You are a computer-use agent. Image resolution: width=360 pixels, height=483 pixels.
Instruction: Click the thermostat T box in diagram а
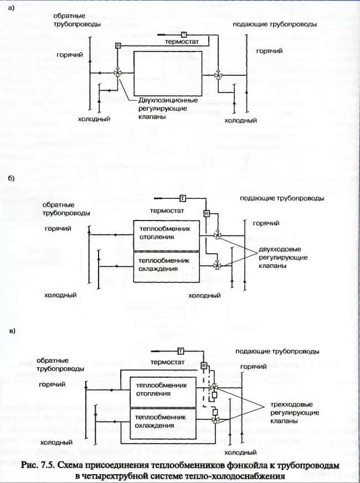tap(183, 35)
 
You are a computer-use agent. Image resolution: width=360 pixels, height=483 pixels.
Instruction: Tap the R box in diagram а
tap(118, 45)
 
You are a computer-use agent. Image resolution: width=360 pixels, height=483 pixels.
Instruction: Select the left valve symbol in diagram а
tap(118, 73)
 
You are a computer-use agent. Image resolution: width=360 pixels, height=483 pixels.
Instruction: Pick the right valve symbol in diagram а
tap(219, 74)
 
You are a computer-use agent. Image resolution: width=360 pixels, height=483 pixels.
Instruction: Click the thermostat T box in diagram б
tap(182, 197)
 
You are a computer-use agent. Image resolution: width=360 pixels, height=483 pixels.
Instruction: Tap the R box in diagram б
tap(206, 214)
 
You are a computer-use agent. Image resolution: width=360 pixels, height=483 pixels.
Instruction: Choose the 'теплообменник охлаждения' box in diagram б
tap(165, 265)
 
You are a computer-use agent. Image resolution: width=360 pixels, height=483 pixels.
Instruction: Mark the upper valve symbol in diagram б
tap(219, 235)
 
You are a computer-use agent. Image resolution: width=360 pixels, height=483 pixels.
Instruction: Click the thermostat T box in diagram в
tap(181, 350)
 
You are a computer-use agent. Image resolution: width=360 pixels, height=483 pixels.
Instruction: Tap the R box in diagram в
tap(204, 366)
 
